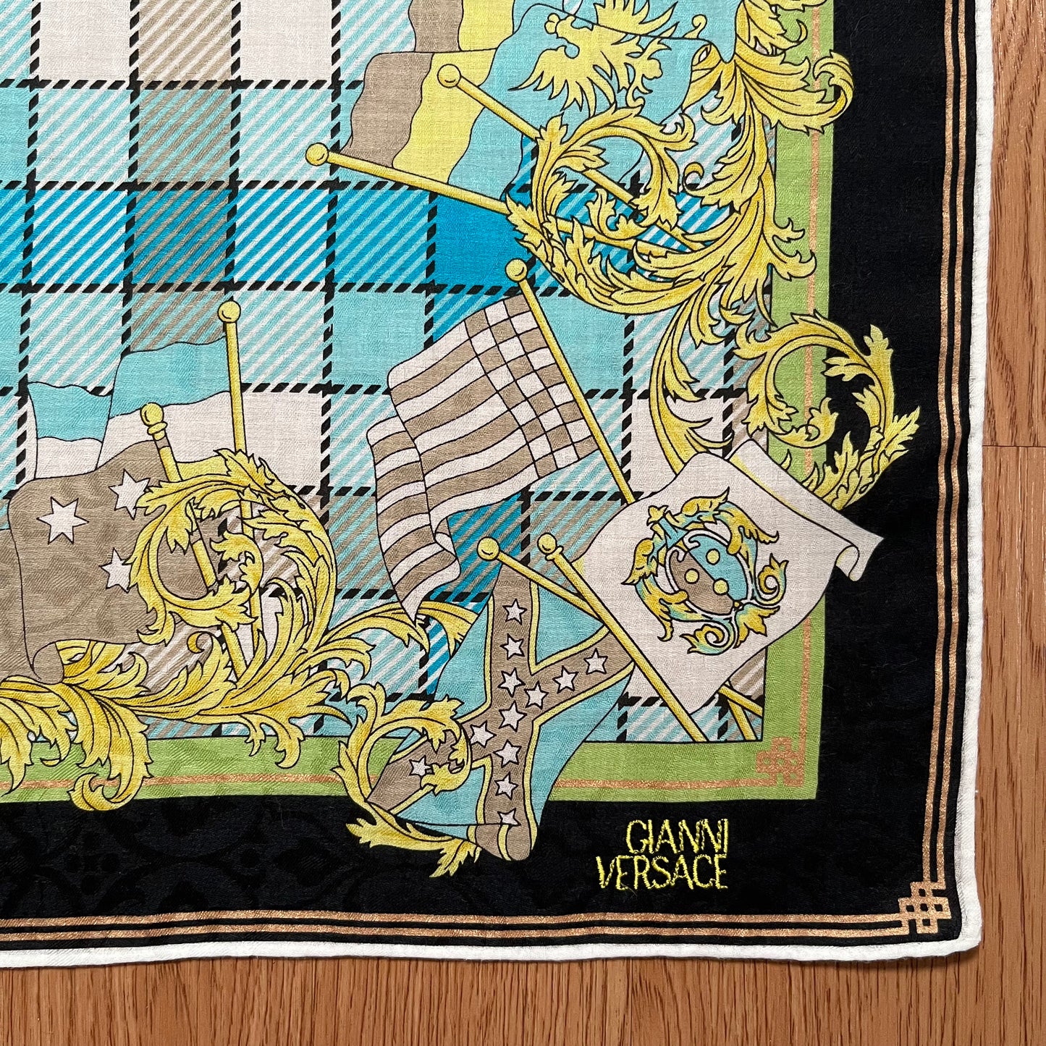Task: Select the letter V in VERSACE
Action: coord(610,873)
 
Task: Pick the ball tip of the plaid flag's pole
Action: coord(517,270)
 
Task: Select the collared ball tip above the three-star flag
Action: coord(153,414)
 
